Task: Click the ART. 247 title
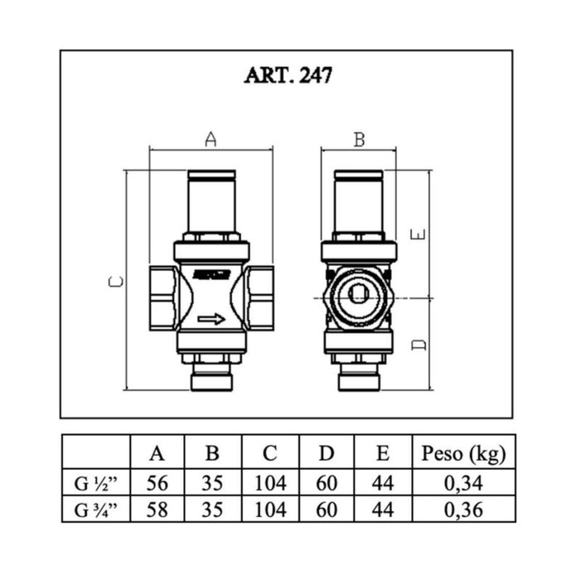288,75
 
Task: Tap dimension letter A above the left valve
210,139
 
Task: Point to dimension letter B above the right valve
360,140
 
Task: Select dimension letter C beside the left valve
116,283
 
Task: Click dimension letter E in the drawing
418,234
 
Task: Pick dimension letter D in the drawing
418,345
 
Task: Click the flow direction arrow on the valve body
211,319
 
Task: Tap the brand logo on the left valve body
211,275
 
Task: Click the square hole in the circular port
359,294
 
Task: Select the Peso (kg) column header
463,453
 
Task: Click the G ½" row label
95,483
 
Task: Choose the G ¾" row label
95,510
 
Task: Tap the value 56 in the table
157,483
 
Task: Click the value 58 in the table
157,510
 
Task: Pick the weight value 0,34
463,483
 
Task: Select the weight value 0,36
463,510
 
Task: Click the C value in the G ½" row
270,483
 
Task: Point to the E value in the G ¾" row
383,510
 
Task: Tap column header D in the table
326,453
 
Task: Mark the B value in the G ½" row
212,483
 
